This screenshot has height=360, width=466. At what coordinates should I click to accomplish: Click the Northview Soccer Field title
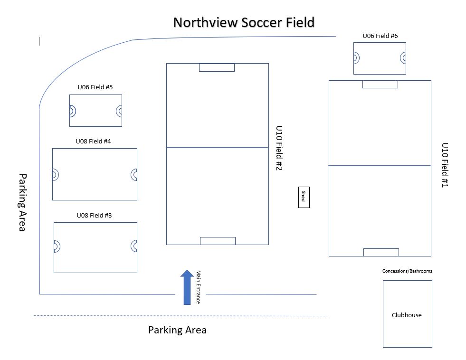tap(243, 22)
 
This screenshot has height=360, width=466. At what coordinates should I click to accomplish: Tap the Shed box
tap(304, 197)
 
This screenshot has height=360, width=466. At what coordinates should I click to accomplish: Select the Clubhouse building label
tap(407, 315)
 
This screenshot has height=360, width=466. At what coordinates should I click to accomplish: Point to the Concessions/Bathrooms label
tap(407, 271)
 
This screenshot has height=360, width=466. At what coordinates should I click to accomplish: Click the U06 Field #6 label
tap(380, 36)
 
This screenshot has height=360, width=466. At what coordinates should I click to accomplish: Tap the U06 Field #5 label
tap(95, 87)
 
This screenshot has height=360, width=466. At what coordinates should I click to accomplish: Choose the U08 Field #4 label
tap(94, 141)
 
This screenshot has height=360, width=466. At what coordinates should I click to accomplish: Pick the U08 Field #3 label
tap(94, 215)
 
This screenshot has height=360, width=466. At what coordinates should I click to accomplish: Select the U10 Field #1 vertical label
tap(445, 165)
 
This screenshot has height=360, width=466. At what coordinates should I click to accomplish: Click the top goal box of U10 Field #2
tap(217, 67)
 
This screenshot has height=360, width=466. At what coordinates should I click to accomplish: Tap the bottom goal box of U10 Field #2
tap(218, 241)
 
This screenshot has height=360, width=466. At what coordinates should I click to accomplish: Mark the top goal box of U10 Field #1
tap(380, 84)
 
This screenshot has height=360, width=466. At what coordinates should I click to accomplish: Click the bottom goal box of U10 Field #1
tap(381, 252)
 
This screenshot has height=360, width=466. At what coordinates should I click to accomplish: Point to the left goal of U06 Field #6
tap(356, 58)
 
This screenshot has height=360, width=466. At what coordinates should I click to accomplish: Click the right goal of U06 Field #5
tap(119, 111)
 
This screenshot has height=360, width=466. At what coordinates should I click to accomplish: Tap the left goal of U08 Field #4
tap(55, 175)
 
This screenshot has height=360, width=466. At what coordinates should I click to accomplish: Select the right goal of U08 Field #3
tap(134, 246)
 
